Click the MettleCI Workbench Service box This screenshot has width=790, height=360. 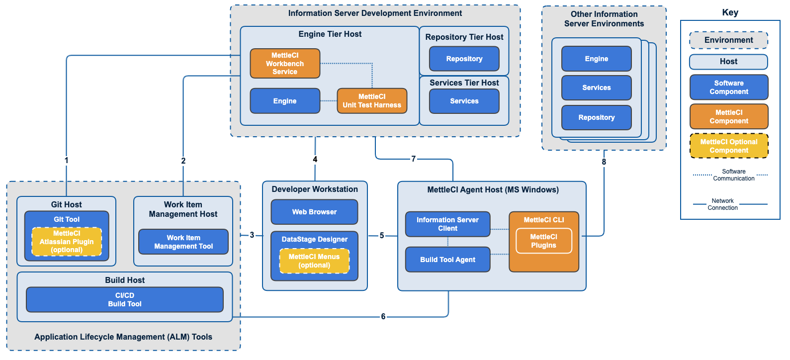[x=285, y=64]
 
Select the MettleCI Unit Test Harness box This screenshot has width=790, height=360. [x=372, y=101]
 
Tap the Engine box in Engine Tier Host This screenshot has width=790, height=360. [x=285, y=101]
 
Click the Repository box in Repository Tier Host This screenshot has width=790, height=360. [x=464, y=59]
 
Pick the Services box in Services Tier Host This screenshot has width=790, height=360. [x=464, y=101]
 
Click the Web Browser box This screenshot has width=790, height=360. [x=314, y=212]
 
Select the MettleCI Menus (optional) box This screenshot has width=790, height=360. [x=314, y=261]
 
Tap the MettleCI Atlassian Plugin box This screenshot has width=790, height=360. [x=67, y=242]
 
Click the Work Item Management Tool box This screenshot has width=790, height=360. [x=183, y=242]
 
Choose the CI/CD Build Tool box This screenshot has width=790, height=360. [x=125, y=300]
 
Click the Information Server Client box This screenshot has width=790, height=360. [x=447, y=224]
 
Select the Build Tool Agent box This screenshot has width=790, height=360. [x=447, y=260]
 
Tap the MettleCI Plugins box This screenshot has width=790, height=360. [x=543, y=241]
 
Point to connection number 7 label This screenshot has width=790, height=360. [x=413, y=159]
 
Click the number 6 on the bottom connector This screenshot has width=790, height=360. [x=383, y=317]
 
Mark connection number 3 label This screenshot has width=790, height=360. [x=252, y=235]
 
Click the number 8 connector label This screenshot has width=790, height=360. [x=604, y=162]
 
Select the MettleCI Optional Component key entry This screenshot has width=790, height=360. [x=729, y=146]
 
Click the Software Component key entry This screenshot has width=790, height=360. [x=729, y=88]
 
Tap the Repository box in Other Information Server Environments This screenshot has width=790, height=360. [x=596, y=118]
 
